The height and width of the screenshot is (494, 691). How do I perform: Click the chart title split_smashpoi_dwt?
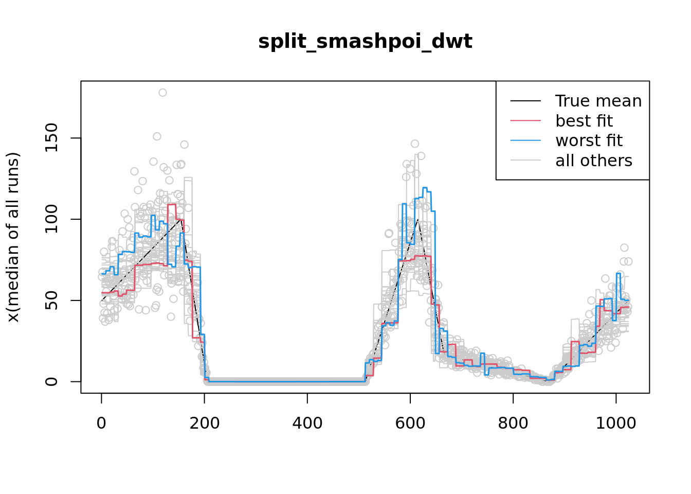tap(365, 41)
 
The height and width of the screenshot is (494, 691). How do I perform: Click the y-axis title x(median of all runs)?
tap(13, 237)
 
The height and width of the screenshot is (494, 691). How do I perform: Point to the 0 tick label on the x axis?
tap(101, 423)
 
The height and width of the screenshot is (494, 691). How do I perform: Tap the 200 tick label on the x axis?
tap(204, 423)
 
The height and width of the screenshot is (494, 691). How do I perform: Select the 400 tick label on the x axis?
tap(307, 423)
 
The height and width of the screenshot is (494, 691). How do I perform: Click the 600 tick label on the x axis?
tap(410, 423)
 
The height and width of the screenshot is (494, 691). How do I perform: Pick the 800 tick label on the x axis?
tap(513, 423)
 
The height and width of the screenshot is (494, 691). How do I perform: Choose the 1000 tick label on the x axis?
tap(616, 423)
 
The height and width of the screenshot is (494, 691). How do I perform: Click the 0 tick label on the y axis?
tap(51, 381)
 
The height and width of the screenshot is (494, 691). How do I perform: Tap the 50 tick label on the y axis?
tap(51, 301)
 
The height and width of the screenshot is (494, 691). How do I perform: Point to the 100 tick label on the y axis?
tap(51, 219)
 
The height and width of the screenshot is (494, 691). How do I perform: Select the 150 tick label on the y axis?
tap(51, 138)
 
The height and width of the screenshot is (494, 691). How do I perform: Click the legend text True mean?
tap(598, 101)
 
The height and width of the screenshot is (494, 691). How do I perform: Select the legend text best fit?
tap(584, 121)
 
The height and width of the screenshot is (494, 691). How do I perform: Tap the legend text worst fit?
tap(589, 140)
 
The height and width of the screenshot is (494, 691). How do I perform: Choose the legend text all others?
tap(594, 161)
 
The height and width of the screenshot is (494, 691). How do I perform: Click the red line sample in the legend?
tap(525, 121)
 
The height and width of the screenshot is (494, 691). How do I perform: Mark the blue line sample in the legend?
tap(525, 140)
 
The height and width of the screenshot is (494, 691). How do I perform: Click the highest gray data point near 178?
tap(162, 93)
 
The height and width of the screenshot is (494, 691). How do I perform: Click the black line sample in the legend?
tap(525, 101)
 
